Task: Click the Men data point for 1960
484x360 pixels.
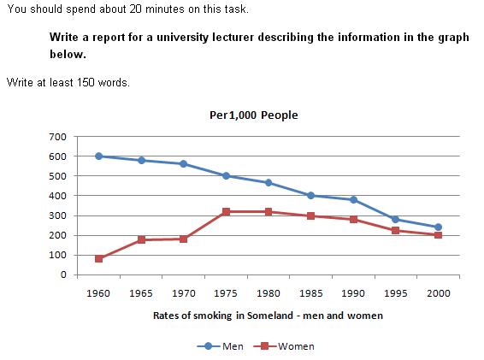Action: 99,156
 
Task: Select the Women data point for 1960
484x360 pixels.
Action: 99,258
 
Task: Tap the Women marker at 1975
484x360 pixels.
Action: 227,211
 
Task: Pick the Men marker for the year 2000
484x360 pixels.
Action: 437,227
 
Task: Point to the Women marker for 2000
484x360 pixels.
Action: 437,235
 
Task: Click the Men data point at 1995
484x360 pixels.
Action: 395,219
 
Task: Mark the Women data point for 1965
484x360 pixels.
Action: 142,240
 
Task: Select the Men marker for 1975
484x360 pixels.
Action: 227,176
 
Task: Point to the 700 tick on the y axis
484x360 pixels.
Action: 57,137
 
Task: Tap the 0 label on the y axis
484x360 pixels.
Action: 62,274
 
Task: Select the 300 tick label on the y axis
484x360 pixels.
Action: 57,215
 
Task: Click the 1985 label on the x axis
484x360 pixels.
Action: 310,293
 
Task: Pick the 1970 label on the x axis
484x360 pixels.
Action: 184,293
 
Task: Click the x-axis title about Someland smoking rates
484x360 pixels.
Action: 268,316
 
